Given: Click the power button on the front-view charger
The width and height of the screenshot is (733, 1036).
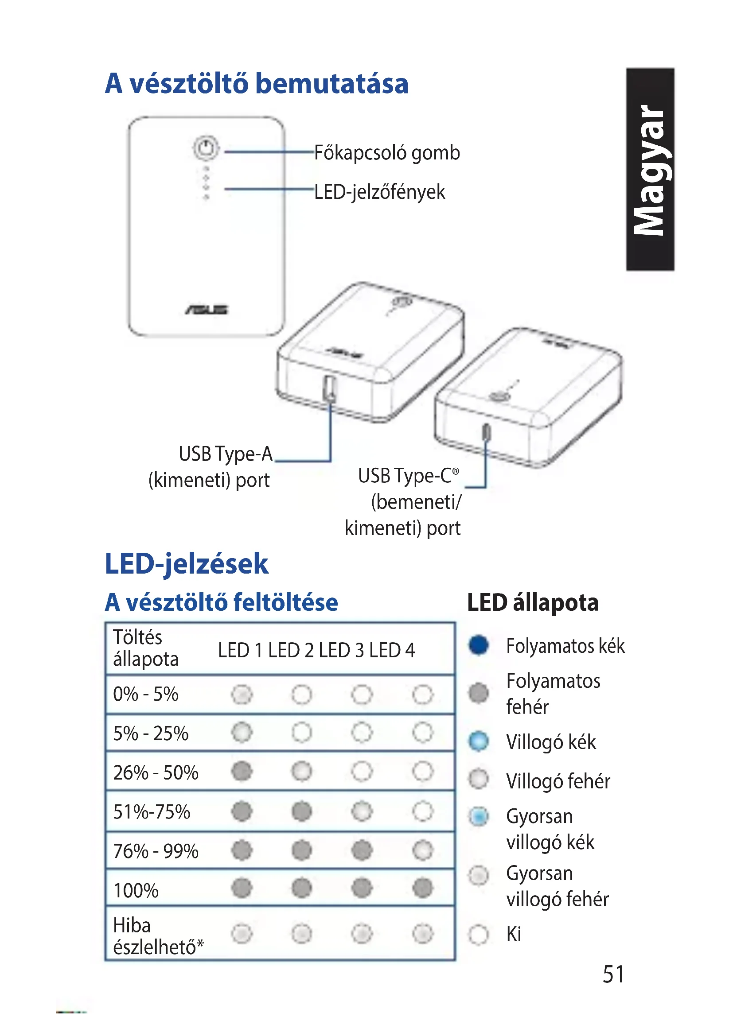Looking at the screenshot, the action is pos(206,147).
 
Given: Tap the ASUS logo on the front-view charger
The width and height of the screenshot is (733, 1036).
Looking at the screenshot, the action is pos(207,310).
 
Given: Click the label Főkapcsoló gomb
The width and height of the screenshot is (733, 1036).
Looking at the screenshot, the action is pos(387,153).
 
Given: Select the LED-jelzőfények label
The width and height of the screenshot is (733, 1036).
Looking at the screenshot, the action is pos(379,192).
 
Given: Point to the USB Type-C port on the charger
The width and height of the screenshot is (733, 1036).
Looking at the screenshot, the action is pos(486,432).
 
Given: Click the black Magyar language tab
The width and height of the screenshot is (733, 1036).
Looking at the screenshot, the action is pos(650,169).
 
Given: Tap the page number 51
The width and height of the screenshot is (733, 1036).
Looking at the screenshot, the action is pos(613,974).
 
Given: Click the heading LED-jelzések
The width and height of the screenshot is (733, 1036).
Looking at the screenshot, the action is pos(187,564).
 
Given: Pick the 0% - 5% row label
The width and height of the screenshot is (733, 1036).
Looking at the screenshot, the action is pos(145,694).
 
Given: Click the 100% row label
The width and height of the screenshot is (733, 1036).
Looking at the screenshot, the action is pos(136,890).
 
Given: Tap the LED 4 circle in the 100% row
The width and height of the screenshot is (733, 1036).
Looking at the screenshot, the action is pos(422,888).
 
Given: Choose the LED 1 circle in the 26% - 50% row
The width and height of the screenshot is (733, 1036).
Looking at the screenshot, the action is pos(242,771).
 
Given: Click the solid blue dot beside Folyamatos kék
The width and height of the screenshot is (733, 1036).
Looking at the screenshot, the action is pos(479,645).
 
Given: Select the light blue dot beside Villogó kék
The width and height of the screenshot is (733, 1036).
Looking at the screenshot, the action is pos(479,741).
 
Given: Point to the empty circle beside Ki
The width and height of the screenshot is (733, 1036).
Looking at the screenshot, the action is pos(479,934).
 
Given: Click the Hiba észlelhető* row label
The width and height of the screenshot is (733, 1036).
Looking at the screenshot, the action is pos(158,936).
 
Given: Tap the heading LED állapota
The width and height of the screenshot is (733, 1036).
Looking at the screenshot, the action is pos(533,603).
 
